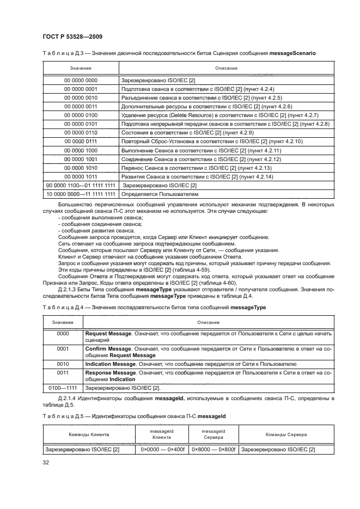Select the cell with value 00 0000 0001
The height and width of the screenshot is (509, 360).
pos(80,88)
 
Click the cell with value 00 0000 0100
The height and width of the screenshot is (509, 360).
pos(80,115)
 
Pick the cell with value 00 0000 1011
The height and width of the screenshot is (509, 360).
pos(80,177)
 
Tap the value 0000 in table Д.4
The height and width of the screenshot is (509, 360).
pos(63,333)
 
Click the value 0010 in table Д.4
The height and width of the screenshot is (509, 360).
pos(63,364)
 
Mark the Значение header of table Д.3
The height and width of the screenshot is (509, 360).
pos(80,69)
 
